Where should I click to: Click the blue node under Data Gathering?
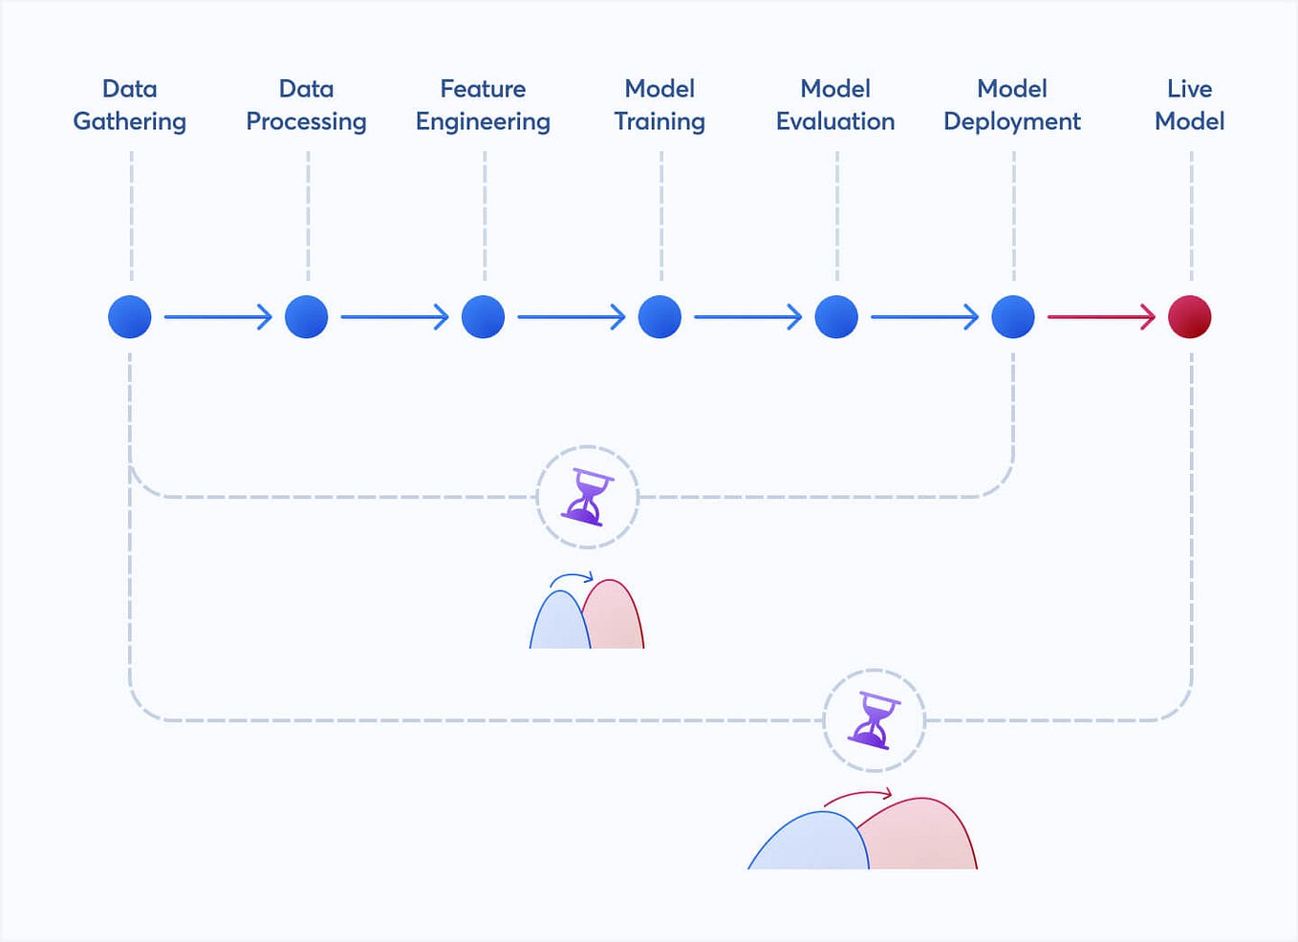click(130, 317)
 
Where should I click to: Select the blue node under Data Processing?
click(307, 317)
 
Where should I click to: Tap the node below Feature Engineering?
click(483, 317)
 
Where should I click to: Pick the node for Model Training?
click(660, 317)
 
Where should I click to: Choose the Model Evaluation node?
click(836, 317)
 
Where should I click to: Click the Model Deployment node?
click(1013, 317)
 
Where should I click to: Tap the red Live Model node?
click(1190, 317)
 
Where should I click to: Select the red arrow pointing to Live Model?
click(1101, 317)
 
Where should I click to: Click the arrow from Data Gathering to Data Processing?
click(218, 317)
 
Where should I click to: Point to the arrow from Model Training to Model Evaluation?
click(747, 317)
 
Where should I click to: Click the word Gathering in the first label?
click(130, 122)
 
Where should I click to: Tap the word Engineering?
click(483, 122)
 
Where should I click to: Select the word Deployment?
click(1012, 122)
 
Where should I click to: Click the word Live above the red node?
click(1190, 89)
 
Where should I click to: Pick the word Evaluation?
click(835, 121)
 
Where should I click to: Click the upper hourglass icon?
click(588, 497)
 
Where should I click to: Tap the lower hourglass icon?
click(875, 720)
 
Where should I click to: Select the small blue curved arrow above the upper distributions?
click(572, 578)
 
